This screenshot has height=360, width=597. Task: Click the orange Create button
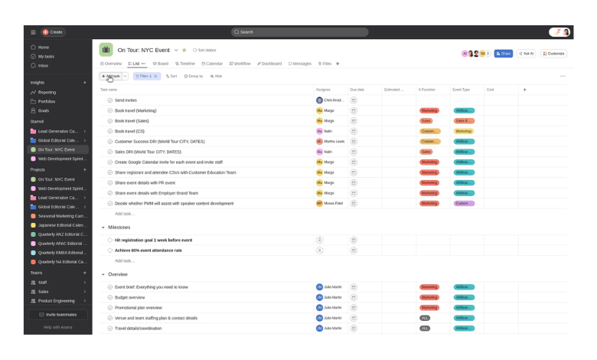(x=54, y=32)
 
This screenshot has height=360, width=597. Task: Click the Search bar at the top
(x=298, y=32)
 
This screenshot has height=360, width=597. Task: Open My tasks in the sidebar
(x=47, y=56)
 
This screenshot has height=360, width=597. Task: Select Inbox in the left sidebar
(x=43, y=65)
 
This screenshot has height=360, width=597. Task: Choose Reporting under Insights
(x=47, y=92)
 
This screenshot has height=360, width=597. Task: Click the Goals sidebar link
(x=44, y=110)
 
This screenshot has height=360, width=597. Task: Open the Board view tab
(x=161, y=64)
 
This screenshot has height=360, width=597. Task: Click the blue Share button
(x=503, y=54)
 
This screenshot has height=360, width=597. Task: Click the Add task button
(x=110, y=77)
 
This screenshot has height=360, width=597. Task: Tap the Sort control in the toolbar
(x=171, y=77)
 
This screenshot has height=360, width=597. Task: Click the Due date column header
(x=357, y=90)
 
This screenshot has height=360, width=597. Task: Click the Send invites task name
(x=126, y=100)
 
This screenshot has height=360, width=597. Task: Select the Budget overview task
(x=129, y=297)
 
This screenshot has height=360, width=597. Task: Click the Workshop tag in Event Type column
(x=464, y=131)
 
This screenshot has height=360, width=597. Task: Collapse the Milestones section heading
(x=103, y=227)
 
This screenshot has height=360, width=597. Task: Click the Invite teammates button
(x=57, y=315)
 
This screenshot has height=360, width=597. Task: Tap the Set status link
(x=204, y=50)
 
